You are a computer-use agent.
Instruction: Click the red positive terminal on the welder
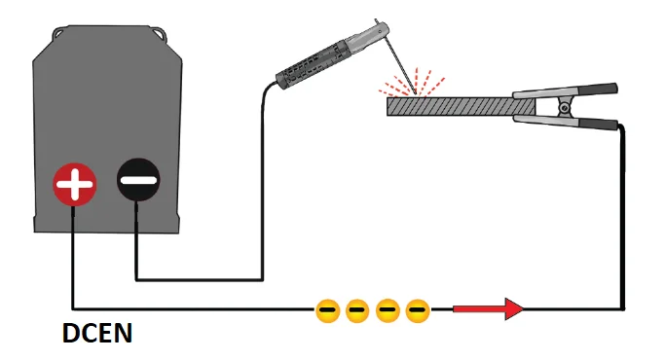point(75,182)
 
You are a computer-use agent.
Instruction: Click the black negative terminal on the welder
point(136,180)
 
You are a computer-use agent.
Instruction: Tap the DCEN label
point(97,335)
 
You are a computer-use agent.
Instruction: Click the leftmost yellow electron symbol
point(328,310)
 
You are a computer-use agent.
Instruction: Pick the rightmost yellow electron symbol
point(418,310)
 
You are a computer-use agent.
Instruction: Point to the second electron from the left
point(357,310)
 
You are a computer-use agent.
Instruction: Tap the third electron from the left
point(388,310)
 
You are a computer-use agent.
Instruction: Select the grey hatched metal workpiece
point(448,105)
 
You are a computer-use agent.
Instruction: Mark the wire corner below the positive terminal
point(73,309)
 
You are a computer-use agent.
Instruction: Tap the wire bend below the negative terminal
point(136,280)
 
